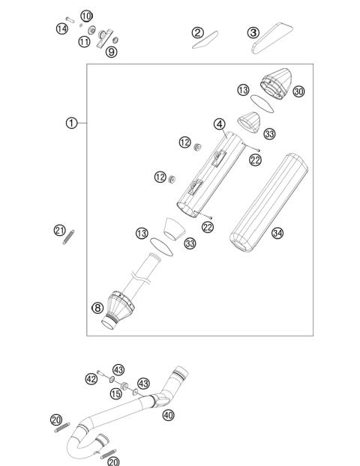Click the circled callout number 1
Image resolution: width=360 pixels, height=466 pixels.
71,123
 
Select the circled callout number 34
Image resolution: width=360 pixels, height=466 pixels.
277,233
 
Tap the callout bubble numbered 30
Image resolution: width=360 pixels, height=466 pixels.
299,91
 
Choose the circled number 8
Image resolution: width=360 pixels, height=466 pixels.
97,306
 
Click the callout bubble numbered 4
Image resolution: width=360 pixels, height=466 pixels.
218,124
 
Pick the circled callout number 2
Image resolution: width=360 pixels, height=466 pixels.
197,32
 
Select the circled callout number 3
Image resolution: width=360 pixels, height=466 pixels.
253,32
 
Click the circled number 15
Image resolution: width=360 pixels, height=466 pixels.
116,393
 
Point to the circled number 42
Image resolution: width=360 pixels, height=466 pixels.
91,379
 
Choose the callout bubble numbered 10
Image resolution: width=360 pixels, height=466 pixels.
86,16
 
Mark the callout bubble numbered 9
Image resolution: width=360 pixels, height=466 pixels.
111,52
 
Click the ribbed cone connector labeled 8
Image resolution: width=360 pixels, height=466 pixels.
118,306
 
